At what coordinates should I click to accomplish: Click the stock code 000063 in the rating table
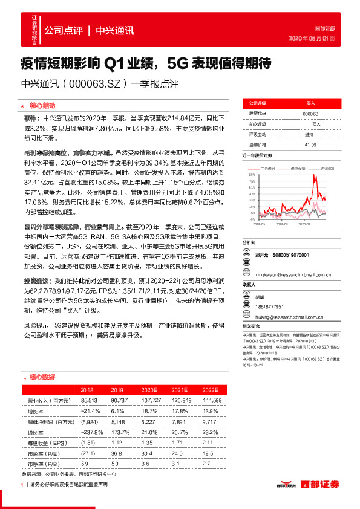[x=310, y=113]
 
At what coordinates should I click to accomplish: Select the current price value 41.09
[x=310, y=145]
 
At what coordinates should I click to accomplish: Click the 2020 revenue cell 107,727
[x=157, y=401]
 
